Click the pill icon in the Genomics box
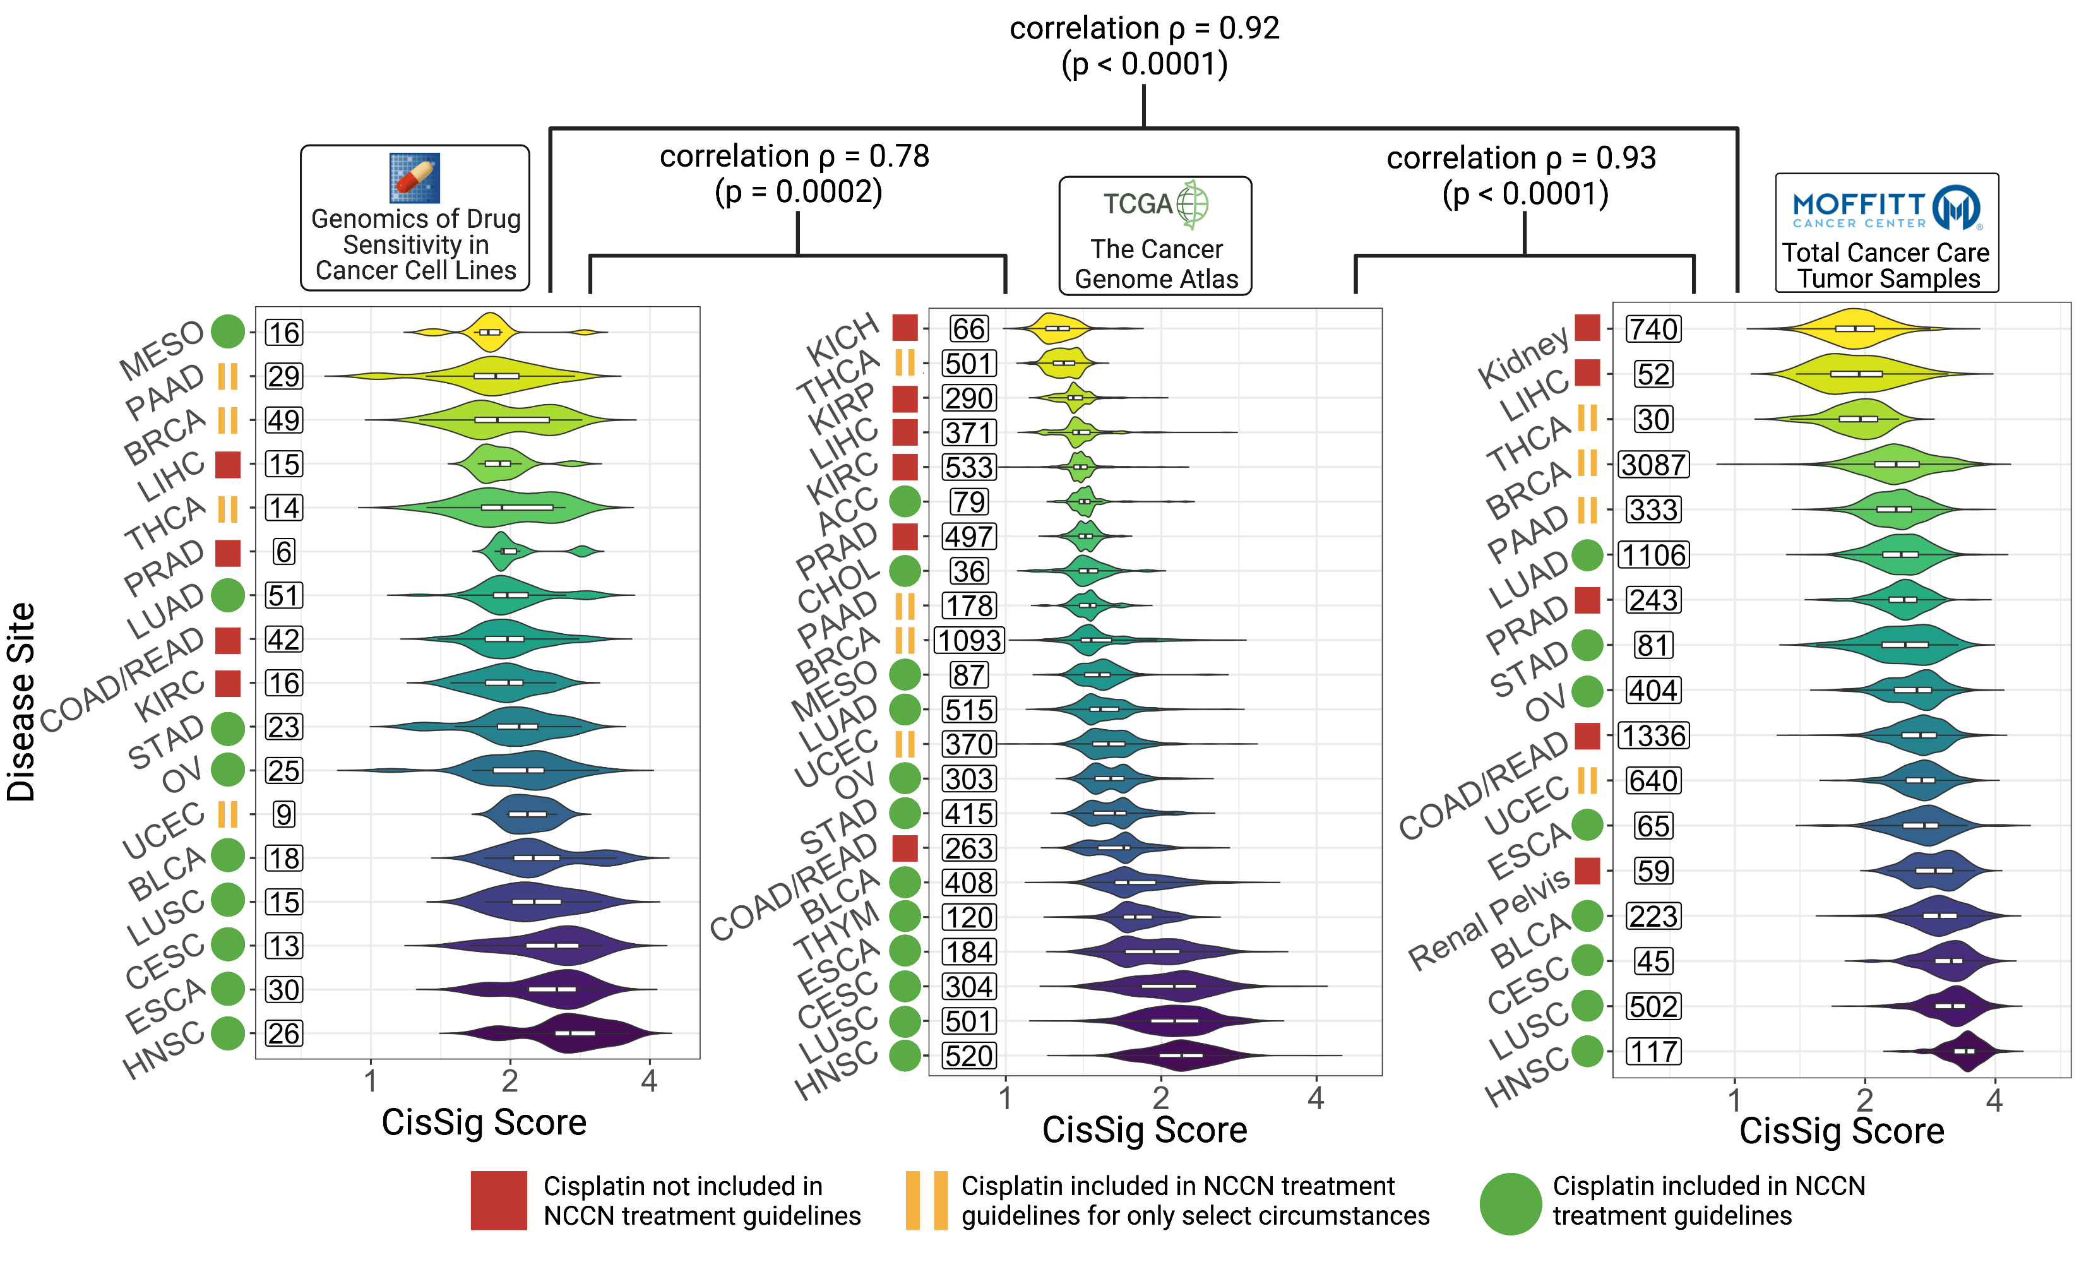[x=414, y=178]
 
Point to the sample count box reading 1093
[x=969, y=641]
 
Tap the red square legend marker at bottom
[x=498, y=1200]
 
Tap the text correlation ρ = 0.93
[x=1521, y=158]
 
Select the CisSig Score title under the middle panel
[x=1144, y=1131]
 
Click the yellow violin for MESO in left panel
[x=491, y=332]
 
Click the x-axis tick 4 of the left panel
[x=649, y=1082]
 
